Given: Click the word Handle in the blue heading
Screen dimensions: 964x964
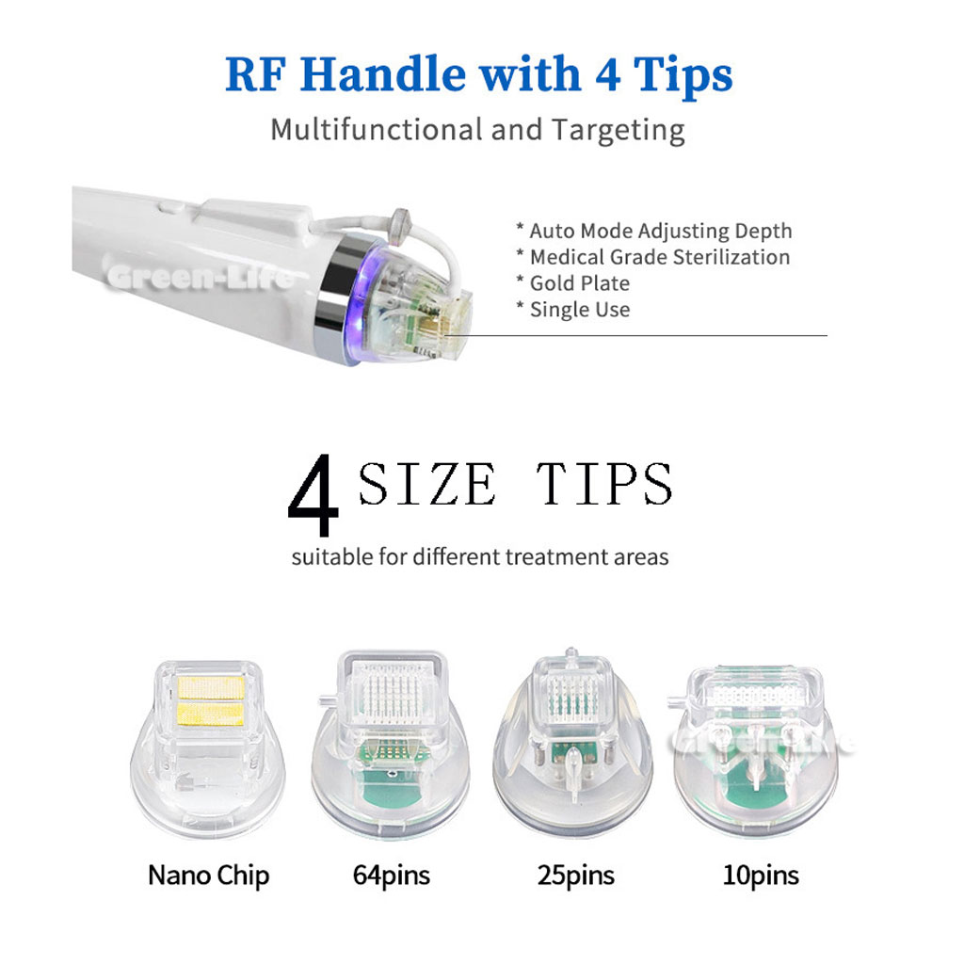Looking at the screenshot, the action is (382, 73).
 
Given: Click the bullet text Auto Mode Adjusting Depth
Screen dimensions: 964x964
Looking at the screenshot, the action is (654, 231).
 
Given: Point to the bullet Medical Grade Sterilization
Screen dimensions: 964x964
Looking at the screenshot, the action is (653, 257).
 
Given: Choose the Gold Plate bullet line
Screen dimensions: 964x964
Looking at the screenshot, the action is (573, 282).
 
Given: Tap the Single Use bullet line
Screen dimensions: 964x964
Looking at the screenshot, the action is (573, 309).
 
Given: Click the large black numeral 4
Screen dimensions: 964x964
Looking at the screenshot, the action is (313, 495).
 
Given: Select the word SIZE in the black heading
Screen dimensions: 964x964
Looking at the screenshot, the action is (426, 484).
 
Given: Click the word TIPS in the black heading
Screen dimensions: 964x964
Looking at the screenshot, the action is (605, 484).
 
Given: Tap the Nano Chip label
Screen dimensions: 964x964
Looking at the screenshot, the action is (208, 876).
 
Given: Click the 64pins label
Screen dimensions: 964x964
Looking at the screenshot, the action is (391, 876).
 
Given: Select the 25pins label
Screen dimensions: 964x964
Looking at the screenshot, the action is (575, 876).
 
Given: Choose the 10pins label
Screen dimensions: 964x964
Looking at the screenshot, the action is (761, 876).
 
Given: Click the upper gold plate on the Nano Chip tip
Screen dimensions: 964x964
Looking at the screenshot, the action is (210, 686).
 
